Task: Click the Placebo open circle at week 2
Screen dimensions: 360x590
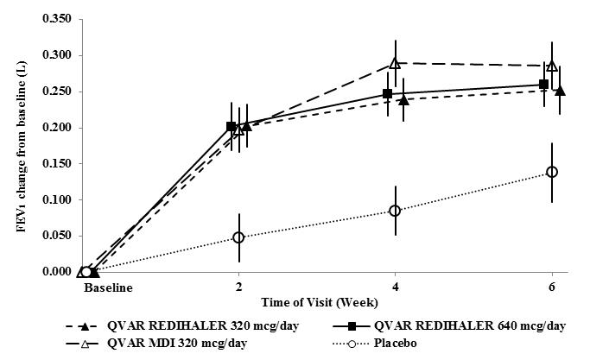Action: (238, 237)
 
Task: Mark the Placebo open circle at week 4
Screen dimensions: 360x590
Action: (395, 211)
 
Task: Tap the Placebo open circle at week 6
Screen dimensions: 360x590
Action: (552, 172)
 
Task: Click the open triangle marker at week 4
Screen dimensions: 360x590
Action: (395, 63)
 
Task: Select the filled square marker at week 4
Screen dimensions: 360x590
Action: (388, 93)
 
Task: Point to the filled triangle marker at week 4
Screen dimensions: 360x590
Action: (403, 100)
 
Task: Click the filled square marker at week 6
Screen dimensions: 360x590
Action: (543, 85)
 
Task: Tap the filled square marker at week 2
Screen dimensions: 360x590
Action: (231, 127)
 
